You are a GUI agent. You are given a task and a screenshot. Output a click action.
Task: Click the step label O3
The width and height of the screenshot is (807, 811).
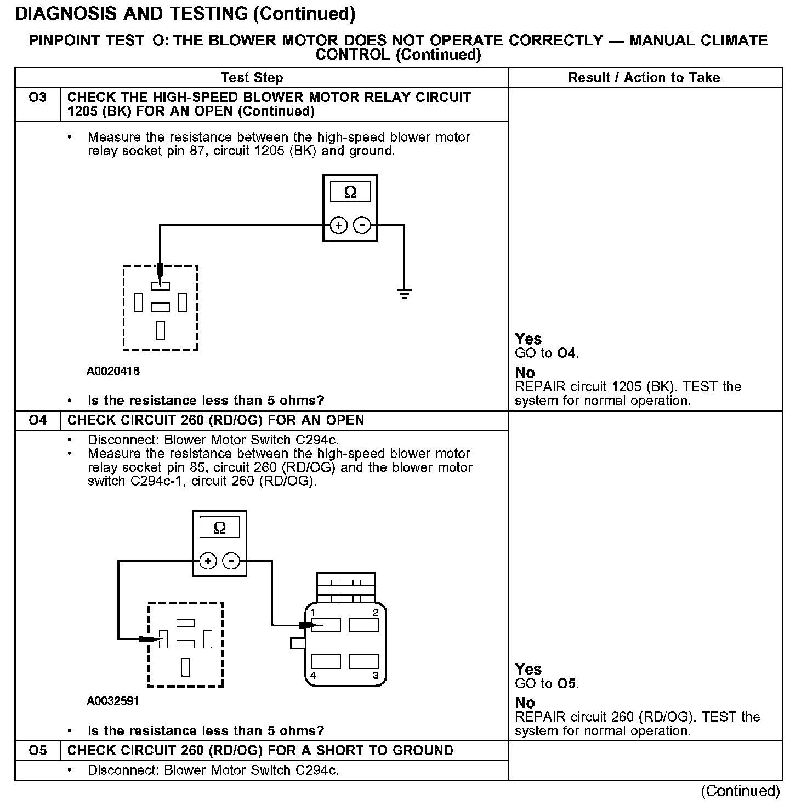click(x=37, y=98)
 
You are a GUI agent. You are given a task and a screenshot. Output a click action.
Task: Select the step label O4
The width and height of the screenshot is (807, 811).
click(x=37, y=421)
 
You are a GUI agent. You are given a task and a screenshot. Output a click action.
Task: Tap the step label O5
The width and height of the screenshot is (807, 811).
click(x=37, y=751)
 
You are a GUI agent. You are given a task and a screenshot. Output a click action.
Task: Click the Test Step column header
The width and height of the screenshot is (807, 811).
click(x=252, y=78)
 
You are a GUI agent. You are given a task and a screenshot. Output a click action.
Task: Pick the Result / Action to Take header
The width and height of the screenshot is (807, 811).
click(x=644, y=78)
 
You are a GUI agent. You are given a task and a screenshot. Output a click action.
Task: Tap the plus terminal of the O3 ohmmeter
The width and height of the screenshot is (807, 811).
click(x=339, y=225)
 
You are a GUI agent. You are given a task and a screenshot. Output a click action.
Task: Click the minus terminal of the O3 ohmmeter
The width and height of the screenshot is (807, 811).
click(x=362, y=225)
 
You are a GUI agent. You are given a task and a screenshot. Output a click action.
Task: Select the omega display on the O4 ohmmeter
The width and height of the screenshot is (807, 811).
click(x=219, y=528)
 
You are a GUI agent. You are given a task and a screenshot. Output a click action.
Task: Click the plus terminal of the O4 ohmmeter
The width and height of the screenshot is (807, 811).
click(x=208, y=561)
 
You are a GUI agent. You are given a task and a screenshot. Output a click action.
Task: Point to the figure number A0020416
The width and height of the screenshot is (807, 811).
click(x=113, y=371)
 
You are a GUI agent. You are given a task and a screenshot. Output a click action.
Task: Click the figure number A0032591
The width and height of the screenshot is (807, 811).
click(x=113, y=701)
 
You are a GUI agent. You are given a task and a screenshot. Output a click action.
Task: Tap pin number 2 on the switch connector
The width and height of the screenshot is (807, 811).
click(x=376, y=613)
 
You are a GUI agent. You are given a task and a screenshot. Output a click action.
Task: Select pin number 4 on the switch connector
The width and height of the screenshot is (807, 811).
click(x=313, y=676)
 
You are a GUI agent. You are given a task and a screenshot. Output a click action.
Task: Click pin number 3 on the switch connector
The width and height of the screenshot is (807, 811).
click(x=376, y=676)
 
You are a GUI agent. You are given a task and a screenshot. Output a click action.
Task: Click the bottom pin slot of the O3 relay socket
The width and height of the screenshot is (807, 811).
click(x=161, y=330)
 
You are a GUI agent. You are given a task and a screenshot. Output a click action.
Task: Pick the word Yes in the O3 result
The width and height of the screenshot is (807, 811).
click(x=528, y=339)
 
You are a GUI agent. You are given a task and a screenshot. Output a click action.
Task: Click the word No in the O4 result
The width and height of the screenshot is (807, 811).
click(x=525, y=703)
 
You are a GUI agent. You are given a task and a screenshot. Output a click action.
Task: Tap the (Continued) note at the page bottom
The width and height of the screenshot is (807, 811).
click(x=740, y=791)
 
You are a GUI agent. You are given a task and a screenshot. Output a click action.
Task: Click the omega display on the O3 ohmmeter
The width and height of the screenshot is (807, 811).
click(x=350, y=192)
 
